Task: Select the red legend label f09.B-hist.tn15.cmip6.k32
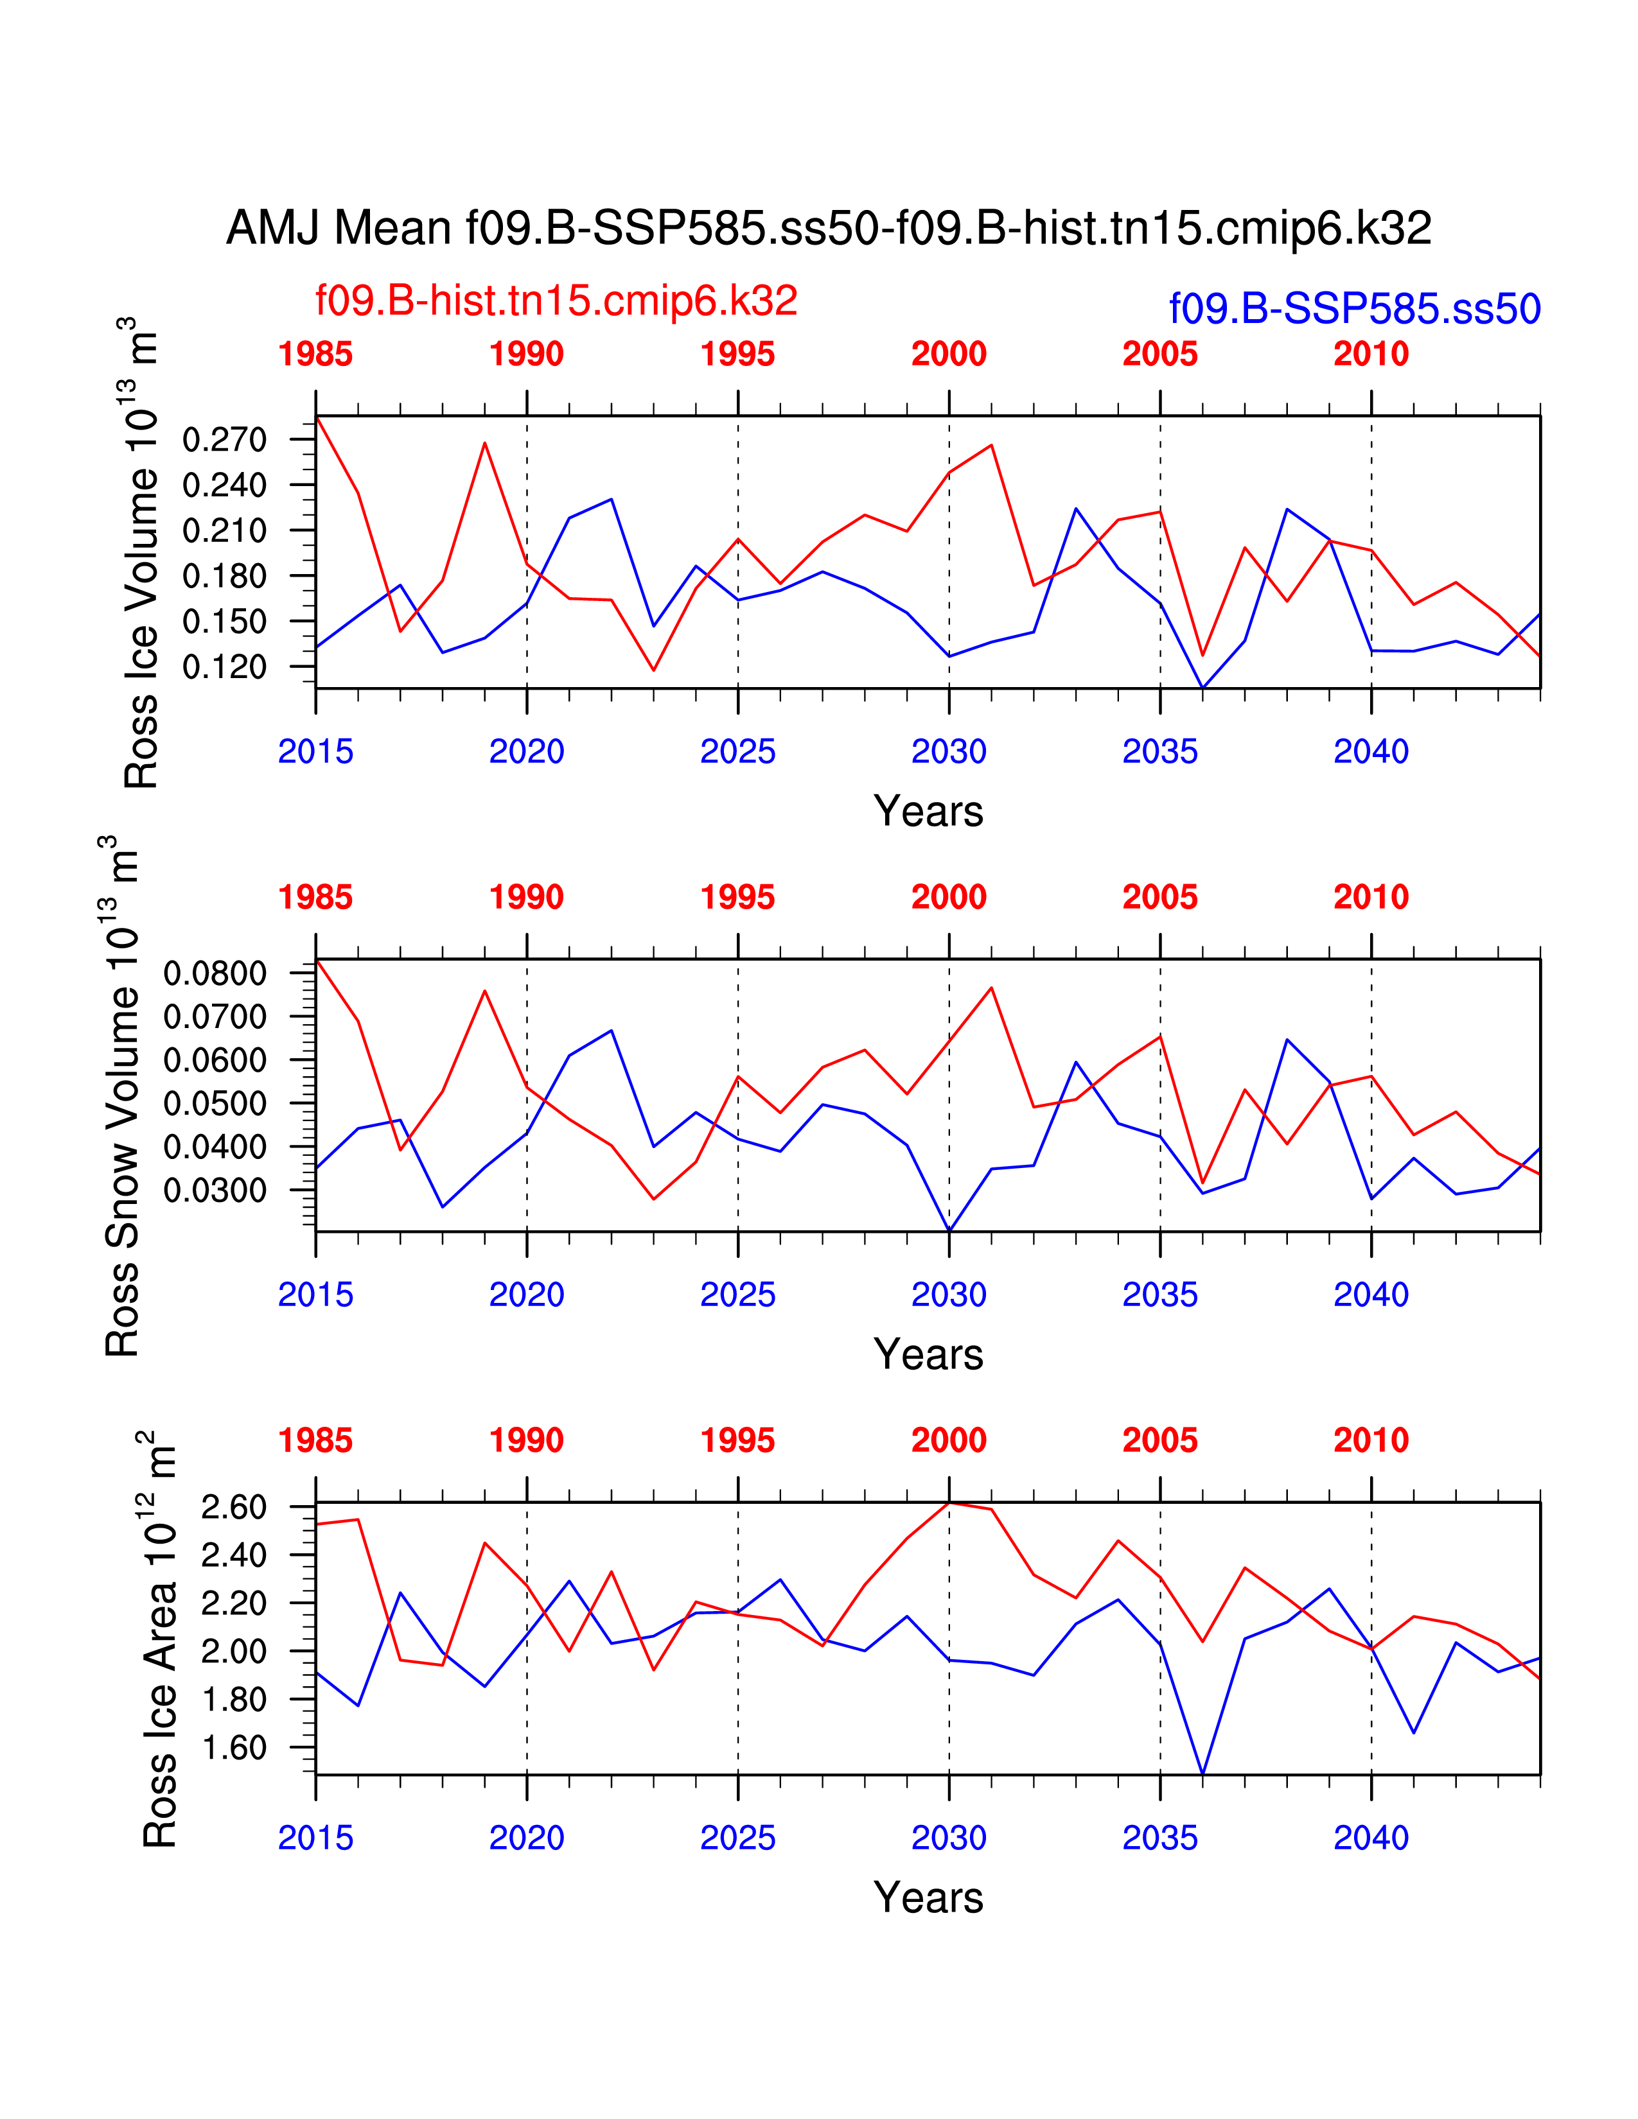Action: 556,301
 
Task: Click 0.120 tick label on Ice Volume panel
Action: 224,667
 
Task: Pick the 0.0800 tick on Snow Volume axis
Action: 215,973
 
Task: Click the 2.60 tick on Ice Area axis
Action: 233,1507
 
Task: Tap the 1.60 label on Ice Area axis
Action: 233,1747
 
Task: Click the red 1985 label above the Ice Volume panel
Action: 315,354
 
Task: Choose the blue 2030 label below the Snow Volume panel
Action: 948,1295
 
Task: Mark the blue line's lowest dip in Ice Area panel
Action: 1202,1774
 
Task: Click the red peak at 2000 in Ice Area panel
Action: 949,1503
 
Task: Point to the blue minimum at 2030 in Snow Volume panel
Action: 949,1230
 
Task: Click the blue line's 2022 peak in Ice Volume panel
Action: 612,499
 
